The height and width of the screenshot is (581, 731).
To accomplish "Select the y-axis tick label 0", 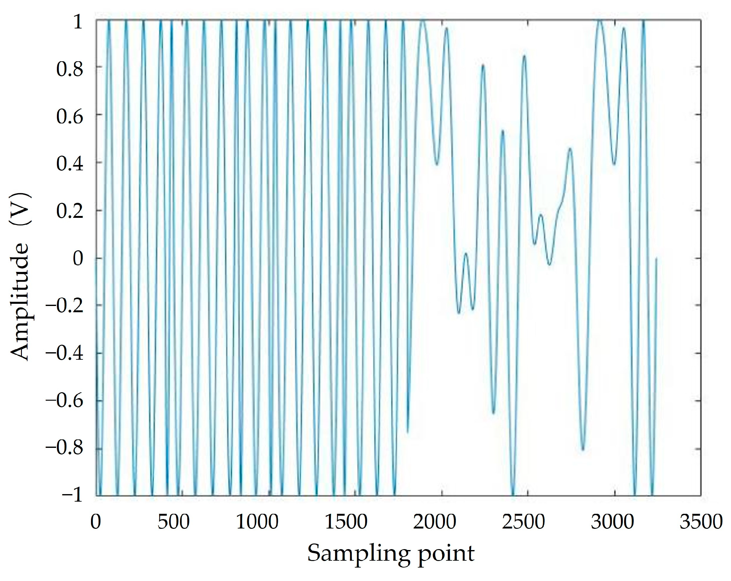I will [x=78, y=259].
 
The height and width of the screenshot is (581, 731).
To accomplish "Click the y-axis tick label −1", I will [x=72, y=495].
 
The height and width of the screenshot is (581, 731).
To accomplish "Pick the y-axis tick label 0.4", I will [x=69, y=164].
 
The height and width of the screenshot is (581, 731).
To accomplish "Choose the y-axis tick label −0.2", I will [x=64, y=306].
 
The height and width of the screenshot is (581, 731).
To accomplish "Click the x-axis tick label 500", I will [x=173, y=522].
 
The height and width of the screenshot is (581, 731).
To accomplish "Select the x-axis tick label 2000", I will [x=434, y=522].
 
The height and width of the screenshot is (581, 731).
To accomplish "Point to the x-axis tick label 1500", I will [x=346, y=522].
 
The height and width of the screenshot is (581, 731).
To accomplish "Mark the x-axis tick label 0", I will [x=96, y=522].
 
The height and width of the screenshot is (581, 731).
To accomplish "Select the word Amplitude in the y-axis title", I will [x=19, y=302].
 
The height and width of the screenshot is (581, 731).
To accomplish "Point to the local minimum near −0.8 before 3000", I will [x=583, y=450].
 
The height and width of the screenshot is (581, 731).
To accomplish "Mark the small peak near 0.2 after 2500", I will [x=541, y=215].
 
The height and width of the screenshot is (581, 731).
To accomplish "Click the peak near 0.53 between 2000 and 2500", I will [x=502, y=131].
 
